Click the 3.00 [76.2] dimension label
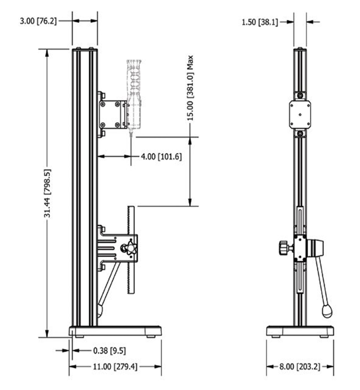pos(38,21)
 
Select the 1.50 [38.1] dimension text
pos(260,22)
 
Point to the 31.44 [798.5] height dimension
pos(47,193)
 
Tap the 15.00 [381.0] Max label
pos(190,88)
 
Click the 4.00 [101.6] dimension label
pos(161,157)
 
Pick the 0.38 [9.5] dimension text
pos(109,350)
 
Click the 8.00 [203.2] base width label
pos(300,367)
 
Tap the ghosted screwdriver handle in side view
pos(134,90)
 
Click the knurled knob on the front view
pos(283,248)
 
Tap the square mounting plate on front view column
pos(300,114)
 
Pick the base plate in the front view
pos(300,331)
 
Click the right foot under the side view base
pos(151,336)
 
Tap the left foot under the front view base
pos(276,336)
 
